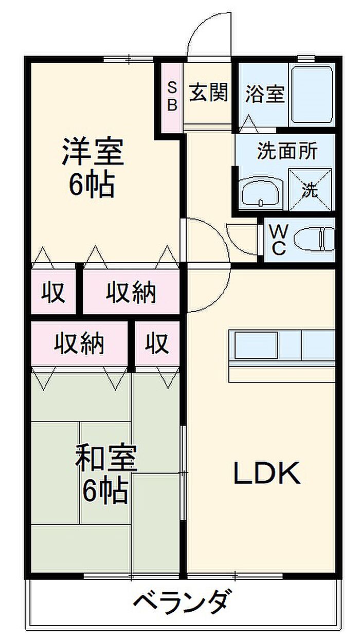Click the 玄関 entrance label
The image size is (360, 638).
(x=209, y=92)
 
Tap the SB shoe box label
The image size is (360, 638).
(x=172, y=96)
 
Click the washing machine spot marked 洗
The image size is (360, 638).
(x=310, y=190)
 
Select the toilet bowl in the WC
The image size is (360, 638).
(x=314, y=240)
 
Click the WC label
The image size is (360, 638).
(x=279, y=240)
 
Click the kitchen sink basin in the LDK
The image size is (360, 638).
(x=256, y=345)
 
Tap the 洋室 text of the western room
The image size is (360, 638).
(x=93, y=151)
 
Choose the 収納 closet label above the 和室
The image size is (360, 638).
(x=79, y=344)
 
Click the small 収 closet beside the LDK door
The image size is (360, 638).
(x=156, y=344)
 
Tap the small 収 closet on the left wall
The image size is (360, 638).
(x=53, y=292)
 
